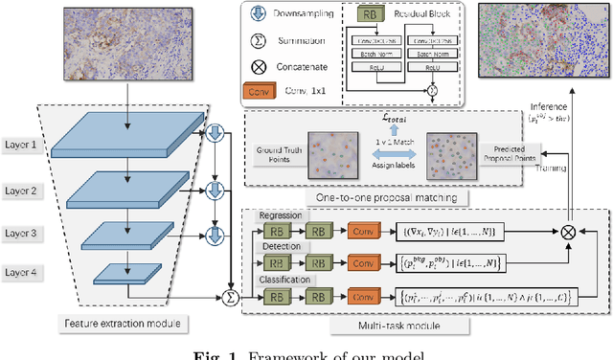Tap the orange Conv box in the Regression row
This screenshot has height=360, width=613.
coord(362,232)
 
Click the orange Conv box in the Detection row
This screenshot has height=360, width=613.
coord(362,261)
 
